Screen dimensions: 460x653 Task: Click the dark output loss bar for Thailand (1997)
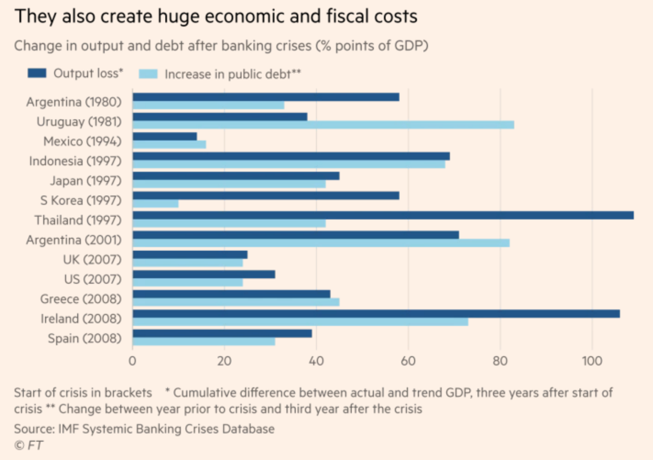(383, 215)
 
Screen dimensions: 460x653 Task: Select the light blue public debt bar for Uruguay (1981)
(323, 125)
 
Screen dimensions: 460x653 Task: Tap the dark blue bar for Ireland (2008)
(376, 314)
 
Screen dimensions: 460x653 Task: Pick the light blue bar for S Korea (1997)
(156, 204)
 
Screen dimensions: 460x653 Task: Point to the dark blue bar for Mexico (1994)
(165, 136)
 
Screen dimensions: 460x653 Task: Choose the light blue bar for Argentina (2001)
(321, 243)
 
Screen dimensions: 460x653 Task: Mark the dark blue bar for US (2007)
(204, 275)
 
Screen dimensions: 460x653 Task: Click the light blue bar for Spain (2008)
(204, 342)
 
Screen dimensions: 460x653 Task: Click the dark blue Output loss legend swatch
(37, 73)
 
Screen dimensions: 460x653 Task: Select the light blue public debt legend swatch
(148, 74)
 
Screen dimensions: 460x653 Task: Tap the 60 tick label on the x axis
(408, 361)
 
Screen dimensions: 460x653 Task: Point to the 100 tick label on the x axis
(592, 361)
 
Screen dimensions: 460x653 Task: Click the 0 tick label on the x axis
(132, 361)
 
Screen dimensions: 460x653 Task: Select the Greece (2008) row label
(81, 299)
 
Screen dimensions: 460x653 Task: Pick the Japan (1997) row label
(86, 181)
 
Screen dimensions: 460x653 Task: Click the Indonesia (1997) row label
(75, 161)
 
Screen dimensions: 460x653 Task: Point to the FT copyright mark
(29, 445)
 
